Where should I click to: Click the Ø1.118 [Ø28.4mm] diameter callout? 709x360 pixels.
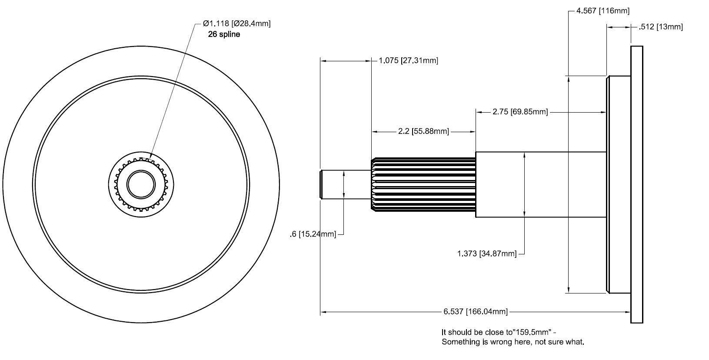click(236, 23)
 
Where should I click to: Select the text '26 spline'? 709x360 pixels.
click(224, 34)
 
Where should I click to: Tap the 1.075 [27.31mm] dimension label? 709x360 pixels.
click(408, 60)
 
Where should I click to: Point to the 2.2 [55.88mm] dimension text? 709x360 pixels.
click(423, 131)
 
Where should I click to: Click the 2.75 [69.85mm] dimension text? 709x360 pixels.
click(519, 112)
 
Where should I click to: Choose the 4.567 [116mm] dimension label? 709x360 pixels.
click(602, 11)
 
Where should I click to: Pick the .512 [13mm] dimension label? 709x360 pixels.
click(661, 27)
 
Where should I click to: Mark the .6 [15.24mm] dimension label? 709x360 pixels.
click(313, 234)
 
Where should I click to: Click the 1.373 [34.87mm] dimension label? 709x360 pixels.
click(487, 253)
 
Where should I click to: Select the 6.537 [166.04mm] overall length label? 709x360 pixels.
click(476, 312)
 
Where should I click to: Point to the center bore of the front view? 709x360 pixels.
click(141, 184)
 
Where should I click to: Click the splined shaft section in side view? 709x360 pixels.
click(423, 185)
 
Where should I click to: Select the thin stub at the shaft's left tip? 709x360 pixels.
click(333, 185)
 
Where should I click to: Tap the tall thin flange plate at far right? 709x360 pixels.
click(636, 184)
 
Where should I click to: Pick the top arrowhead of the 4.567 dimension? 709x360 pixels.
click(568, 79)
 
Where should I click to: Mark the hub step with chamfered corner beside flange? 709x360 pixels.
click(618, 184)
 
